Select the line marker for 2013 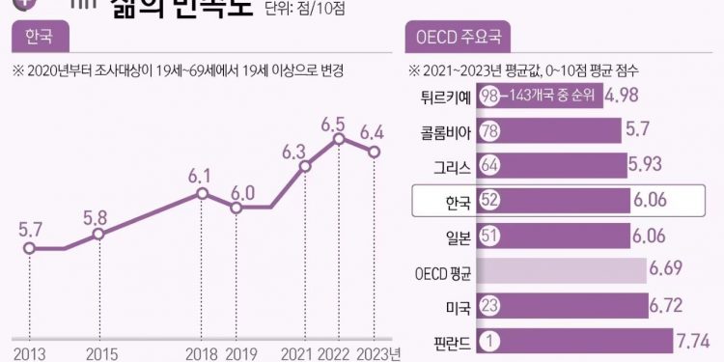30,248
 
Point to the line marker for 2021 305,167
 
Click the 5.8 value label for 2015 96,217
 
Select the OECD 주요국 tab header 459,40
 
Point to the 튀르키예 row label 443,97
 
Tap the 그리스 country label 451,166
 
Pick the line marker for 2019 236,207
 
